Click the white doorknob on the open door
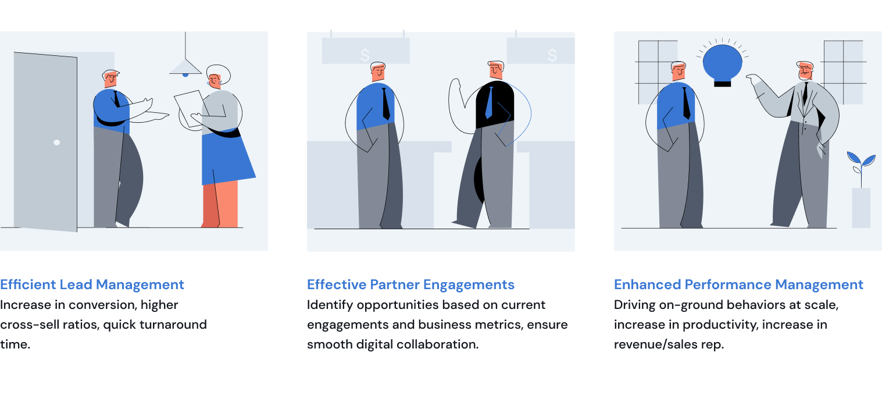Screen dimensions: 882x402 coord(57,143)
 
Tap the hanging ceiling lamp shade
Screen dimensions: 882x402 coord(185,67)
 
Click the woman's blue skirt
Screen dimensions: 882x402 coord(226,158)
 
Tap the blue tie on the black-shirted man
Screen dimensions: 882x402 coord(490,102)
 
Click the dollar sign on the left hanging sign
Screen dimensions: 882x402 coord(365,55)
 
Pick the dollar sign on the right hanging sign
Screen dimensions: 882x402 coord(552,55)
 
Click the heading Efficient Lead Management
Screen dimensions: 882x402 coord(92,284)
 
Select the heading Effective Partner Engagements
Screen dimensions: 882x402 coord(410,284)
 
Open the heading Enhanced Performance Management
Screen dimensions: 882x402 coord(738,284)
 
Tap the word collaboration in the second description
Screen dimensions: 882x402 coord(437,344)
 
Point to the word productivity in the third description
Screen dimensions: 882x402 coord(720,325)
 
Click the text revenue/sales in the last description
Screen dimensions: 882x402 coord(656,344)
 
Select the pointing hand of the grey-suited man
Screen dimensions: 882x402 coord(753,79)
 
